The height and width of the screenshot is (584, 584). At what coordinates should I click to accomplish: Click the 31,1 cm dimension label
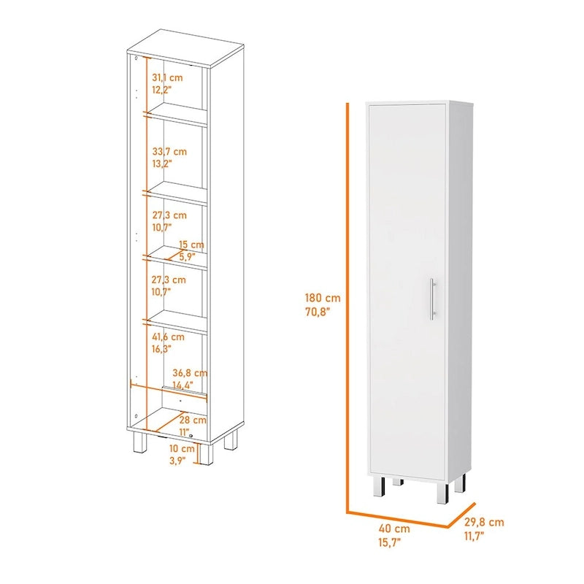pyautogui.click(x=167, y=77)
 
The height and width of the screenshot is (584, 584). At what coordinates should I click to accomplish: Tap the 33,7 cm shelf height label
pyautogui.click(x=169, y=151)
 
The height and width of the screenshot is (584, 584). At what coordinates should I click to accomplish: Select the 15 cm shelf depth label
pyautogui.click(x=191, y=244)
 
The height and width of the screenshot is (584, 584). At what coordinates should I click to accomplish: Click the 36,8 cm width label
pyautogui.click(x=189, y=372)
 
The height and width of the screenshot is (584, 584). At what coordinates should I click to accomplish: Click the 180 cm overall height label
pyautogui.click(x=322, y=297)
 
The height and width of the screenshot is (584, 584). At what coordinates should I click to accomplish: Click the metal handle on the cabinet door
pyautogui.click(x=433, y=299)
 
